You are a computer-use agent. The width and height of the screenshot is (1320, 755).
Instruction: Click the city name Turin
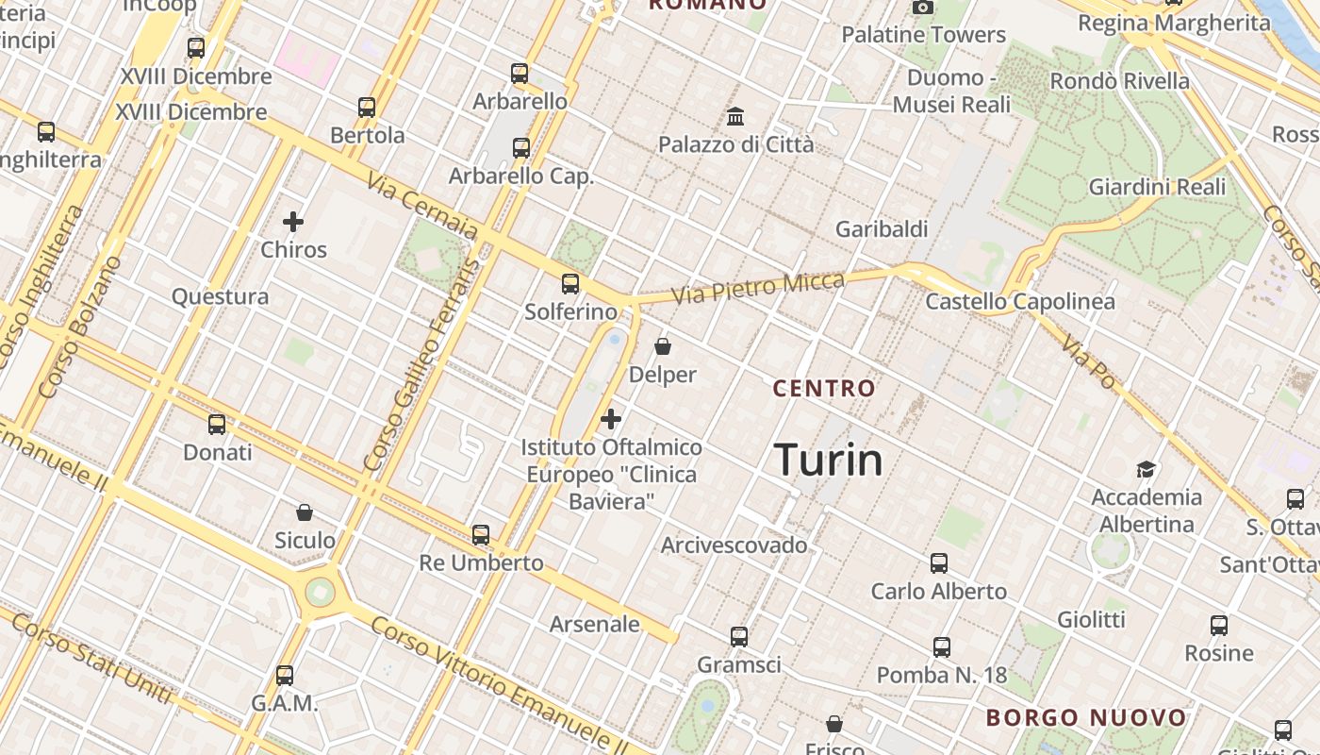tap(829, 460)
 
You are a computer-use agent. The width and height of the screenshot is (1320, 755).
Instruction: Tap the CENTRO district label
tap(824, 388)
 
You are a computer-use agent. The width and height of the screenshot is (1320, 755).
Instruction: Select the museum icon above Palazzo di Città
tap(735, 117)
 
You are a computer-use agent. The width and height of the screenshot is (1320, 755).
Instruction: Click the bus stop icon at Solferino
tap(569, 283)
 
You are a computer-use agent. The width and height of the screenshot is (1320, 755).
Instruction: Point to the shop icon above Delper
tap(663, 346)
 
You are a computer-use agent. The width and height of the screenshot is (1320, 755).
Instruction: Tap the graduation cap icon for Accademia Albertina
tap(1146, 469)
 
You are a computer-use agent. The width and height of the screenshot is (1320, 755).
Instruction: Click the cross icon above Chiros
tap(293, 223)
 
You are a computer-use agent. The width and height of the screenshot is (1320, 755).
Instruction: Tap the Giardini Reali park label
tap(1157, 187)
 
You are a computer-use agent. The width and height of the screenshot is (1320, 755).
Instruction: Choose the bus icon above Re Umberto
tap(481, 535)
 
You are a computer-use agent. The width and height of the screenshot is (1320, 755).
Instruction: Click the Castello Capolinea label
tap(1020, 302)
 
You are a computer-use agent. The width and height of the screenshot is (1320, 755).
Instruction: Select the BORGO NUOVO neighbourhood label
tap(1086, 718)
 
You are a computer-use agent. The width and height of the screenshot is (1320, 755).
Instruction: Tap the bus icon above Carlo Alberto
tap(938, 563)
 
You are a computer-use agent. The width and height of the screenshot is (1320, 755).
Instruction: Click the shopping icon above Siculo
tap(304, 512)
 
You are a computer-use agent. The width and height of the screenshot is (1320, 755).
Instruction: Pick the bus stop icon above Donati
tap(217, 425)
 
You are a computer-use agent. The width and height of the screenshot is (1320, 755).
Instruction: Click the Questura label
tap(220, 296)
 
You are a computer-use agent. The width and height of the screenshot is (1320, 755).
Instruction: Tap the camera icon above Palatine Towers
tap(923, 8)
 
